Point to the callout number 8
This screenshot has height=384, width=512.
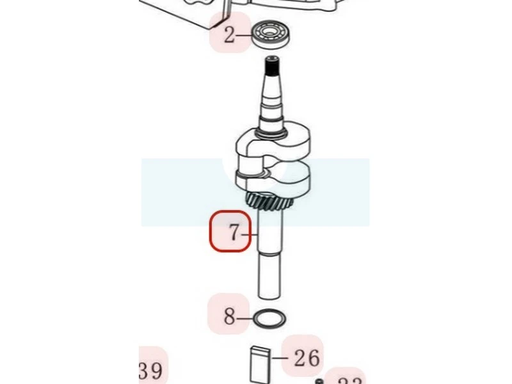coord(229,316)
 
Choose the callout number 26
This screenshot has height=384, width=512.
coord(307,358)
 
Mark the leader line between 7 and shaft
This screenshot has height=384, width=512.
coord(251,234)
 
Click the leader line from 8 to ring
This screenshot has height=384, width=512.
coord(245,316)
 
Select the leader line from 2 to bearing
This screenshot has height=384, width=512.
coord(246,35)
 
